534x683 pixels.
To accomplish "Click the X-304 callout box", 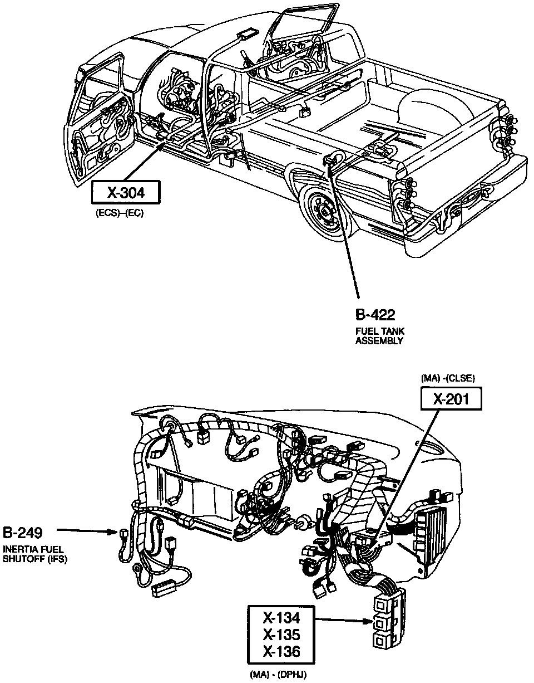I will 126,193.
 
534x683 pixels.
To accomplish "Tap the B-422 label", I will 375,315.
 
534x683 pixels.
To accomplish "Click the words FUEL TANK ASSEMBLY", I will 380,336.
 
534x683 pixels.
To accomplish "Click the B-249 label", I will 23,532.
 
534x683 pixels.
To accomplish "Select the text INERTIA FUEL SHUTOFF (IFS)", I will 35,554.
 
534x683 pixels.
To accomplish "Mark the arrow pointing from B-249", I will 86,531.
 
